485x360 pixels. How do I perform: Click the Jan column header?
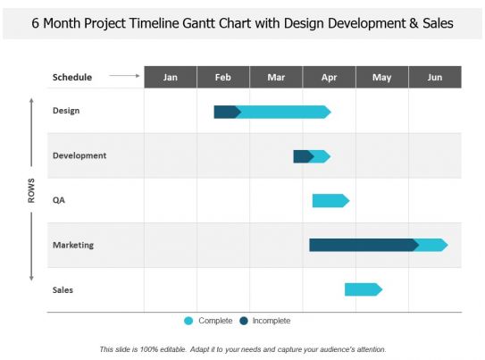click(171, 77)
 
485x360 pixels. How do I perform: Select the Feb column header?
click(223, 77)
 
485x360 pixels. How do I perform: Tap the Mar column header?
click(276, 77)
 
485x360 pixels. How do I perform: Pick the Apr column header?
click(329, 77)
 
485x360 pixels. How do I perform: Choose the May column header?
click(382, 77)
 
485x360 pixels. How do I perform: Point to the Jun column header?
click(435, 77)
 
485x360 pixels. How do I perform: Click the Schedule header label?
click(72, 77)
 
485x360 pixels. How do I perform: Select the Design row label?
click(67, 111)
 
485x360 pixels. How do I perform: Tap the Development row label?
click(79, 155)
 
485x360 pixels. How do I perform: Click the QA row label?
click(59, 200)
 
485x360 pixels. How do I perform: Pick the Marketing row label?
click(73, 245)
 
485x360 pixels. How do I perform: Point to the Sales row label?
click(63, 289)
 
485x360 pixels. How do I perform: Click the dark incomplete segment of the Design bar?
click(226, 112)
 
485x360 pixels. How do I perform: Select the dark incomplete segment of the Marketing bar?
click(362, 245)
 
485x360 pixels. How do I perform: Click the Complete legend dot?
click(188, 321)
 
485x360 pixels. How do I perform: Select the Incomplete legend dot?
click(244, 321)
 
